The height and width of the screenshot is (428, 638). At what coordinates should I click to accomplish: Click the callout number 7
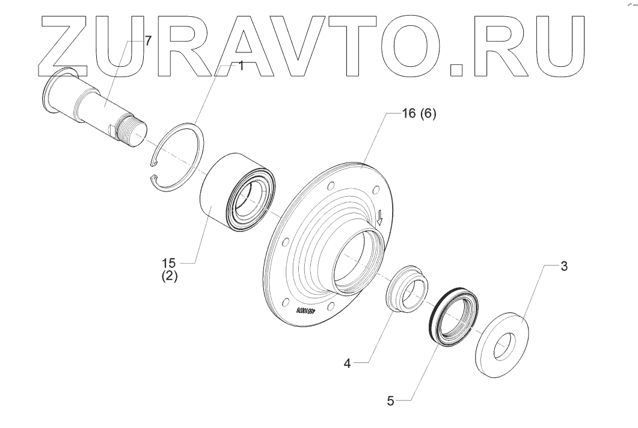pos(148,40)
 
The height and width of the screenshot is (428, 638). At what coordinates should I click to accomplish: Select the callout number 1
pos(241,66)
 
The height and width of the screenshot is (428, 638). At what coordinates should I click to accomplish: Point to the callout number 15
pos(170,262)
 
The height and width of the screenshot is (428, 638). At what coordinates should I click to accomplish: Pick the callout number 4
pos(347,363)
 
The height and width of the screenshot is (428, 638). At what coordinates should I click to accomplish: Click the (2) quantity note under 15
pos(170,278)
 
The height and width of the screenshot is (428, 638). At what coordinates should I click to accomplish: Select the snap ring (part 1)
pos(180,158)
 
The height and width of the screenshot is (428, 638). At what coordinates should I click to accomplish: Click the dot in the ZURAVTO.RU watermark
pos(456,70)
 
